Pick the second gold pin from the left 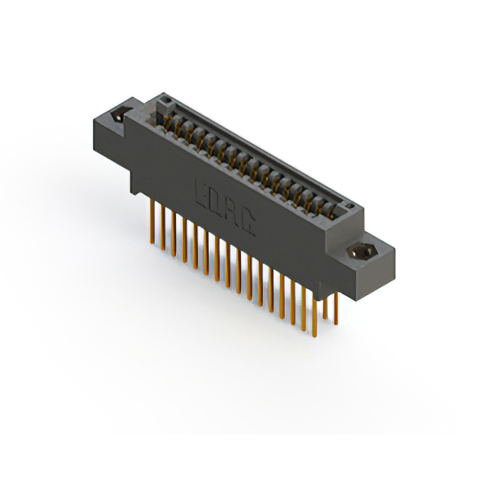(162, 228)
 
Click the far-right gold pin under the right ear (335, 309)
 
